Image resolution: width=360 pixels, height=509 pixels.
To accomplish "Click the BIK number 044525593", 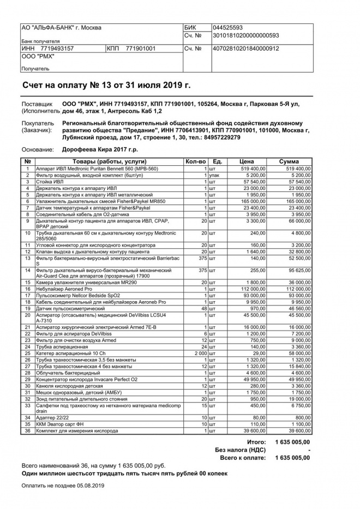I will pos(228,28).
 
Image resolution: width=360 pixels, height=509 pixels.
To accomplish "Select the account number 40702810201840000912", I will pos(246,49).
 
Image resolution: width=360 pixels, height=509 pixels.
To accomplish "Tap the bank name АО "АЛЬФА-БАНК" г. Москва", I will pos(61,28).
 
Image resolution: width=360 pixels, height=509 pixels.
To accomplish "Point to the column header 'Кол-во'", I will pos(196,161).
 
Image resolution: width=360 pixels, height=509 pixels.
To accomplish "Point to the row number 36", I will pos(27,431).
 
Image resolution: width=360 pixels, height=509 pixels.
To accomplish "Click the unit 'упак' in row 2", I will pos(217,175).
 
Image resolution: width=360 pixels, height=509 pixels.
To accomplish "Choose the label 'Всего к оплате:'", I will pos(243,458).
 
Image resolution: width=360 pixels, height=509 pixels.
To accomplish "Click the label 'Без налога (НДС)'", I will pos(241,450).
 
